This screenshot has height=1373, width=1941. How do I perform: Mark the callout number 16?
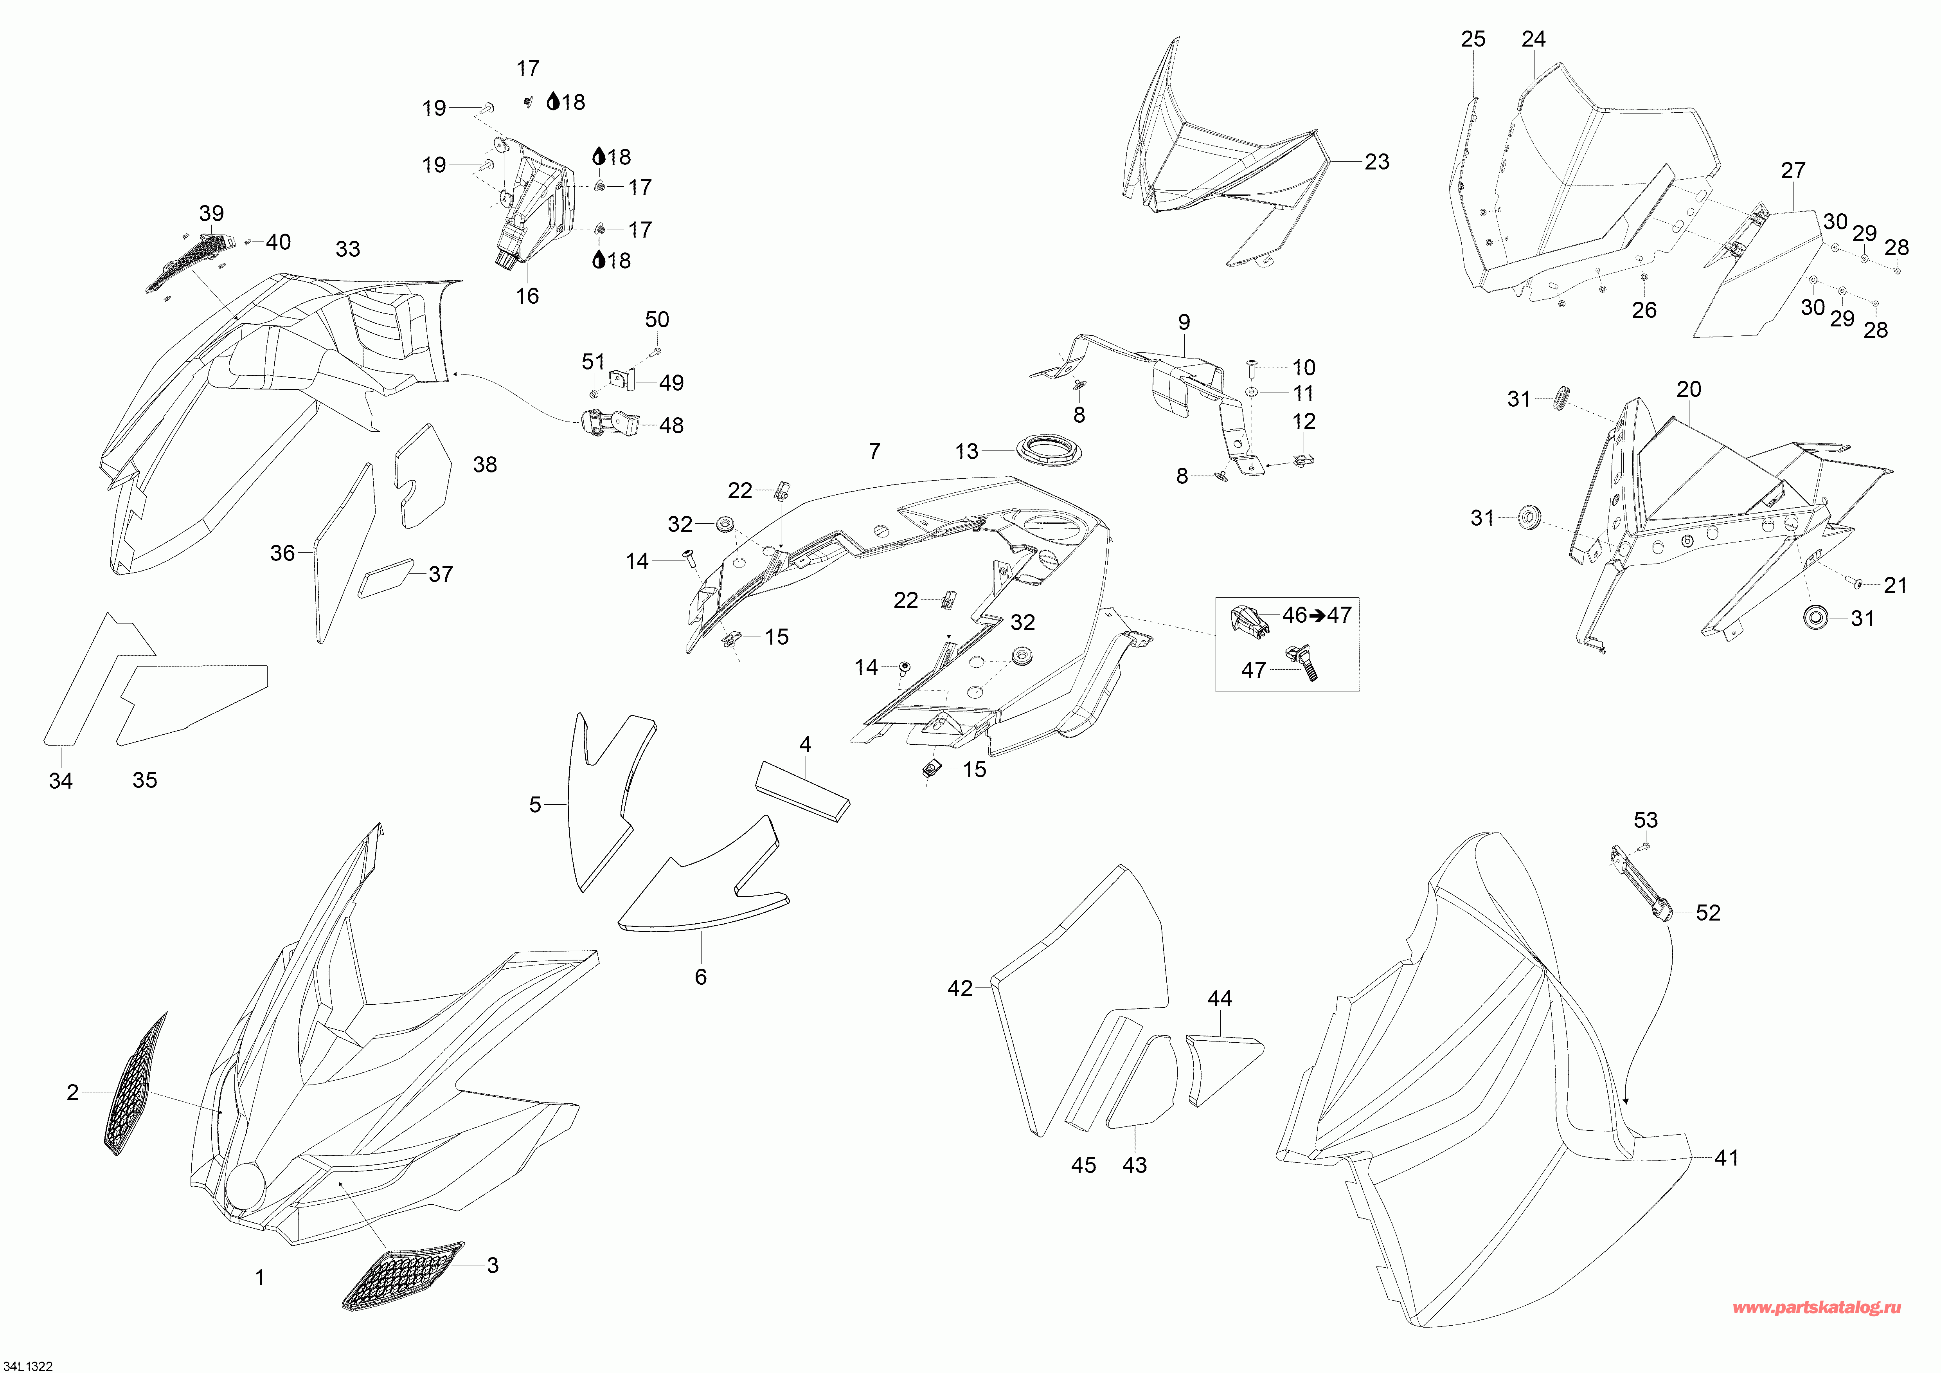527,296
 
